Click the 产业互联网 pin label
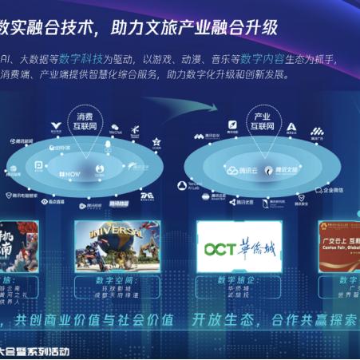click(260, 120)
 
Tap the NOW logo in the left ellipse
click(69, 172)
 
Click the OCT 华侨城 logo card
click(239, 247)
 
